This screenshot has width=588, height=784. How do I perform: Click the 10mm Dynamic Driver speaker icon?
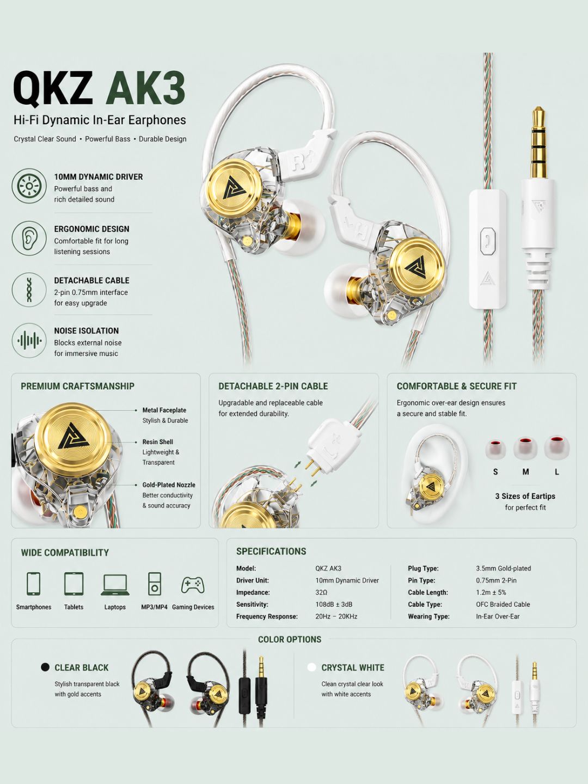pyautogui.click(x=29, y=186)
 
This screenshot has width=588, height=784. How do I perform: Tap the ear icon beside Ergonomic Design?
pyautogui.click(x=29, y=238)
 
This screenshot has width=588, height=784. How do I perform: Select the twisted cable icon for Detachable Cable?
pyautogui.click(x=29, y=290)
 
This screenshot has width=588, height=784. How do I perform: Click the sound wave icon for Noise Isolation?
pyautogui.click(x=29, y=340)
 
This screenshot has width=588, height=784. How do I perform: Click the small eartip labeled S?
pyautogui.click(x=495, y=449)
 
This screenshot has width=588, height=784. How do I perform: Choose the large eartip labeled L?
pyautogui.click(x=556, y=447)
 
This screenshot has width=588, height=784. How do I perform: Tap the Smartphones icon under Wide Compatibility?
pyautogui.click(x=34, y=584)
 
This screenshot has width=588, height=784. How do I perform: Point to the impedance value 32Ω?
pyautogui.click(x=321, y=592)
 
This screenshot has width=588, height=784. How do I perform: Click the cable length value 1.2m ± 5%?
pyautogui.click(x=491, y=592)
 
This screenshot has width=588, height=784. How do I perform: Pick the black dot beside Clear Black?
pyautogui.click(x=45, y=667)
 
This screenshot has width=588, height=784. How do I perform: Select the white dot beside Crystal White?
pyautogui.click(x=311, y=667)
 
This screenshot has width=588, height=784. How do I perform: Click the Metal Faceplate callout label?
pyautogui.click(x=164, y=410)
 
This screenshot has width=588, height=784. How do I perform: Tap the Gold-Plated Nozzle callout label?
pyautogui.click(x=169, y=485)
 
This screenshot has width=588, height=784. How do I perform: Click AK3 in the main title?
pyautogui.click(x=145, y=88)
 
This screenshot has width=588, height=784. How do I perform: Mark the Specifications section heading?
pyautogui.click(x=271, y=551)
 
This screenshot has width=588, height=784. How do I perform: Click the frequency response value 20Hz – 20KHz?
pyautogui.click(x=336, y=616)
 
